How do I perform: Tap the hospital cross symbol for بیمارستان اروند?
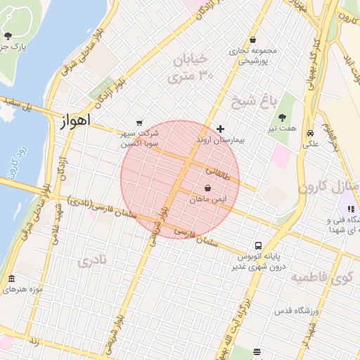click(x=221, y=129)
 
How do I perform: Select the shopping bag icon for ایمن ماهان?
click(x=208, y=188)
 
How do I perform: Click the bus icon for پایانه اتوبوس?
click(x=259, y=246)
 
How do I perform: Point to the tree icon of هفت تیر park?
click(x=282, y=118)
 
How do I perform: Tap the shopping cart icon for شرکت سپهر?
click(x=139, y=122)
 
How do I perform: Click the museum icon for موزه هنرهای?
click(x=11, y=279)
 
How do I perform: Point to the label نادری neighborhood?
click(x=94, y=261)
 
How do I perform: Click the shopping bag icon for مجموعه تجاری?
click(x=252, y=40)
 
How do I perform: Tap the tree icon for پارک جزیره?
click(x=8, y=35)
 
